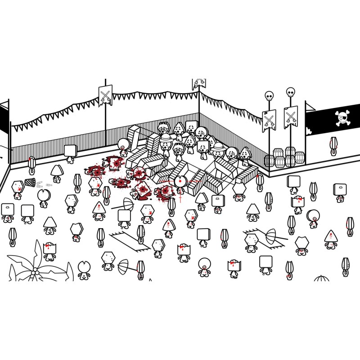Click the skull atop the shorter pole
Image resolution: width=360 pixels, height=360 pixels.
[269, 96]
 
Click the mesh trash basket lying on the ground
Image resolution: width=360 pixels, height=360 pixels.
[30, 182]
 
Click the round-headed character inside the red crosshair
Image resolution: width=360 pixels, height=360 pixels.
[180, 182]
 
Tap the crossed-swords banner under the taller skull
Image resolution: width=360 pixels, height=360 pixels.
[291, 117]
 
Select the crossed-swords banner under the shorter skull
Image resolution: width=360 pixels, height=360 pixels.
[269, 121]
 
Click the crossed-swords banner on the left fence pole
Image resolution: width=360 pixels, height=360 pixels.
[105, 95]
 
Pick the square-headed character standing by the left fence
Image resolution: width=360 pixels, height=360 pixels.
[70, 152]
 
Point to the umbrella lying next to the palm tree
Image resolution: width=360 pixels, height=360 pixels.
[123, 267]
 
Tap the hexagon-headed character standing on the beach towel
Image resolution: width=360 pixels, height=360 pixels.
[251, 242]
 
